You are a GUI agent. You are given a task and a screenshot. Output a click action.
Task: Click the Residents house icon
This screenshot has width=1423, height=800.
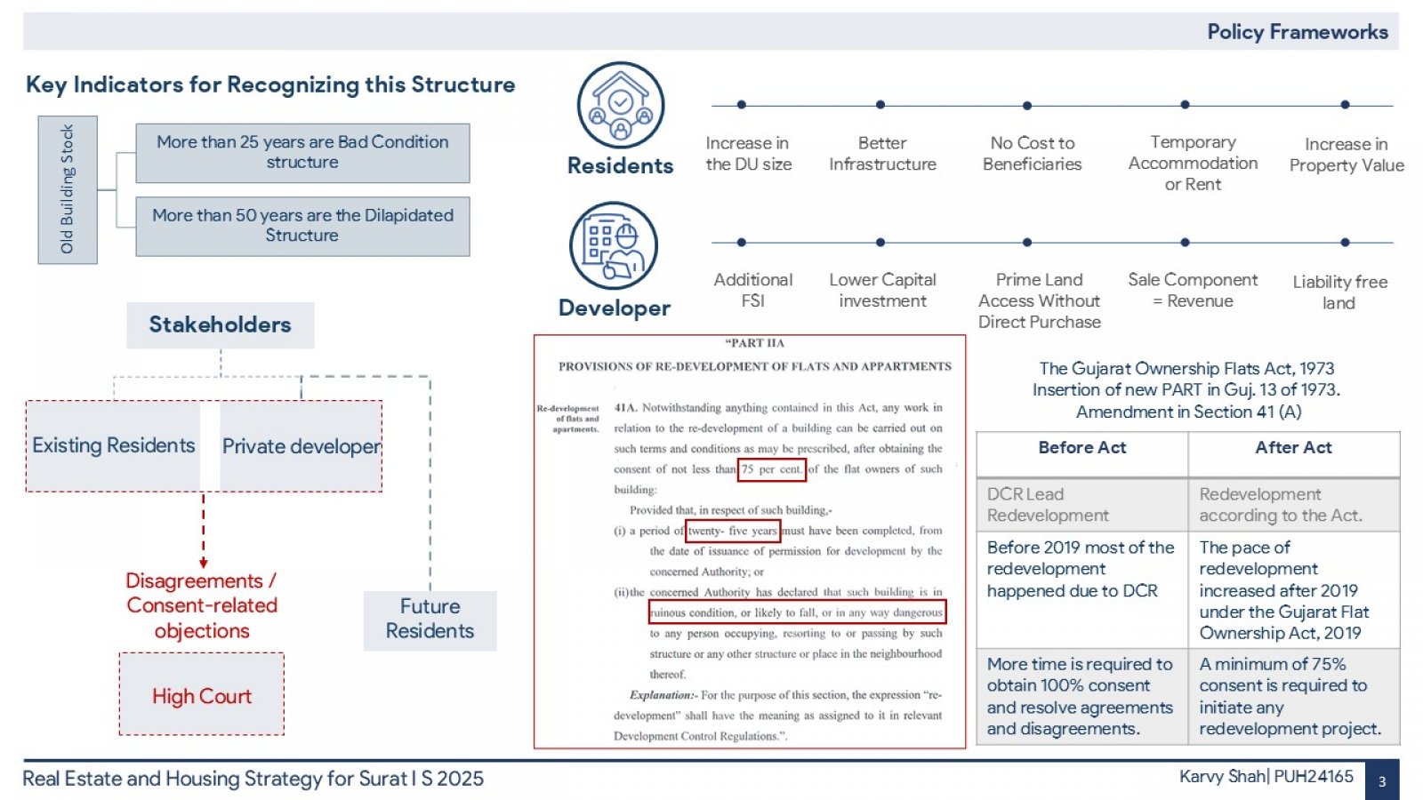point(621,105)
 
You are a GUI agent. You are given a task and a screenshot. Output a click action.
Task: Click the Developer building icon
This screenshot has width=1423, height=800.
point(614,245)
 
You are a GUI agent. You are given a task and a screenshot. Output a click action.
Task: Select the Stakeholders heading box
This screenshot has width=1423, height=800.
point(221,325)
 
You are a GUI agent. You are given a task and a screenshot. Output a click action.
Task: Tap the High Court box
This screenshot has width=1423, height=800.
point(202,694)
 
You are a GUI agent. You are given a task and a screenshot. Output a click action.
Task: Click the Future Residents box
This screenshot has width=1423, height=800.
point(430,620)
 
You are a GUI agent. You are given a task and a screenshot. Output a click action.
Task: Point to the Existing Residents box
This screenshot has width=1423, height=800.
point(113,445)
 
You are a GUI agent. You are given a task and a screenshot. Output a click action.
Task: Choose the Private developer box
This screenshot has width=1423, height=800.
point(301,445)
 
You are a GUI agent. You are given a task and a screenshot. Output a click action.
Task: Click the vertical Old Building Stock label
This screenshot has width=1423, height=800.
point(68,190)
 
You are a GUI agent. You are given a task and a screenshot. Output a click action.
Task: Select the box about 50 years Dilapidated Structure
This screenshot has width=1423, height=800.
point(303,226)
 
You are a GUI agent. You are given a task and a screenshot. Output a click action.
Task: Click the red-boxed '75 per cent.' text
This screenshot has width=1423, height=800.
point(772,470)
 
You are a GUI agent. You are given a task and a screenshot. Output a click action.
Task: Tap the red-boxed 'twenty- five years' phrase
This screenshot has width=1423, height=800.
point(733,531)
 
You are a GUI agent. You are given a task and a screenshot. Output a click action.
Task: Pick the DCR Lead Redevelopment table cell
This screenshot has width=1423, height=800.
point(1081,505)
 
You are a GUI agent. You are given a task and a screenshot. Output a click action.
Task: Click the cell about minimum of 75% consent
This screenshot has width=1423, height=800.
point(1293,697)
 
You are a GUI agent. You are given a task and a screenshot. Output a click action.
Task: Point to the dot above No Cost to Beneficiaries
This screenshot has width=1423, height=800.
point(1027,106)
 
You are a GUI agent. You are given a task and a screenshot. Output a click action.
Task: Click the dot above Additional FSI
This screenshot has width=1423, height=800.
point(742,242)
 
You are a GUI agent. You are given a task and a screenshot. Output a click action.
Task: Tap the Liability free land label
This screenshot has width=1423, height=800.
point(1339,292)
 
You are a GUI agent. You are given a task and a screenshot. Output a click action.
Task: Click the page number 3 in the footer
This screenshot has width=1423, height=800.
point(1382,781)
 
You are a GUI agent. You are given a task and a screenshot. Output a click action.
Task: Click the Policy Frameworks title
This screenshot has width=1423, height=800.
point(1298,32)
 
